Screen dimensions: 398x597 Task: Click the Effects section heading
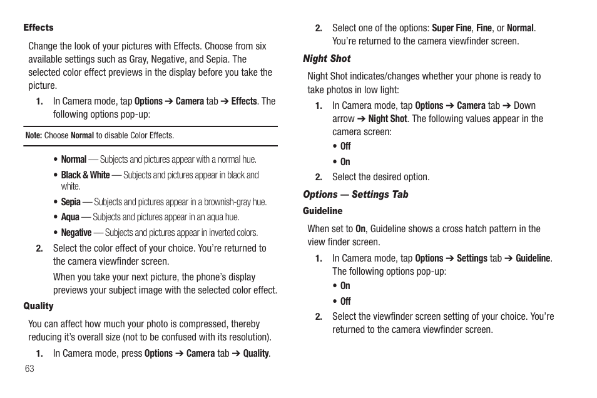(x=38, y=28)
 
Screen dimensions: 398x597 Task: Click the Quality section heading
(x=38, y=306)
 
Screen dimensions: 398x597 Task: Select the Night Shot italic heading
(x=327, y=59)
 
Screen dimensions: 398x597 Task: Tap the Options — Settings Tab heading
(x=355, y=195)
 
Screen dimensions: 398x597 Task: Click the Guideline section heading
(x=322, y=211)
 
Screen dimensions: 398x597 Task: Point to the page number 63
(x=29, y=369)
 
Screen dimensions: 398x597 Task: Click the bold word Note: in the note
(x=33, y=135)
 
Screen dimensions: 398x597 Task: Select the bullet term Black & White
(x=85, y=175)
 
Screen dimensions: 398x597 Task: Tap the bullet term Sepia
(x=71, y=202)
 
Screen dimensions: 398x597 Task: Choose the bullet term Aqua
(x=70, y=217)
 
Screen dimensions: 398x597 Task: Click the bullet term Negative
(x=76, y=233)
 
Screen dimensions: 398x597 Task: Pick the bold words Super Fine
(x=451, y=28)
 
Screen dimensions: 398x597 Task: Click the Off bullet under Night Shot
(x=345, y=146)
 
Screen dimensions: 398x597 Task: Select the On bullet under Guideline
(x=345, y=286)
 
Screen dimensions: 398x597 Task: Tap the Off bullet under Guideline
(x=345, y=302)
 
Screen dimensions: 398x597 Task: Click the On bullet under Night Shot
(x=345, y=162)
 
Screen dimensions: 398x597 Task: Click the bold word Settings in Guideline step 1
(x=472, y=258)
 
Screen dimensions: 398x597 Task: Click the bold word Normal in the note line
(x=82, y=135)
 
